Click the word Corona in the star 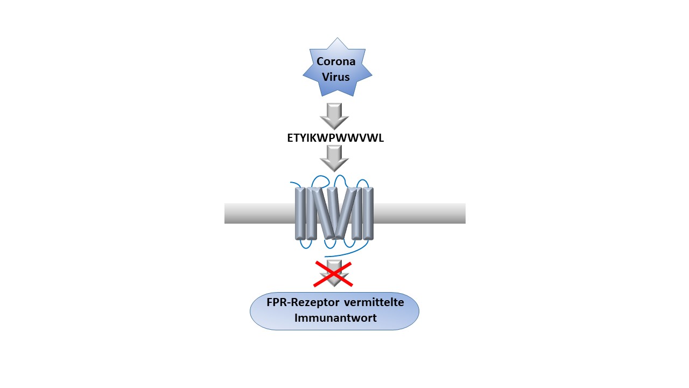[x=336, y=61]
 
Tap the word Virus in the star [x=336, y=77]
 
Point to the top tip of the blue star [x=338, y=38]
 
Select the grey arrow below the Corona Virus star [x=334, y=116]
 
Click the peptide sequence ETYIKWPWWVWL [x=335, y=138]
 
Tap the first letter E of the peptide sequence [x=290, y=138]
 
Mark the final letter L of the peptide [x=381, y=138]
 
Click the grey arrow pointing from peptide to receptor [x=334, y=158]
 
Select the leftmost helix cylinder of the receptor [x=300, y=213]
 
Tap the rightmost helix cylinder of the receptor [x=368, y=213]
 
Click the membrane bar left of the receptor [x=259, y=213]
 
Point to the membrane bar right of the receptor [x=419, y=213]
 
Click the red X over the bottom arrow [x=333, y=274]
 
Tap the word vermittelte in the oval [x=374, y=302]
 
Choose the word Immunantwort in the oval [x=335, y=318]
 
